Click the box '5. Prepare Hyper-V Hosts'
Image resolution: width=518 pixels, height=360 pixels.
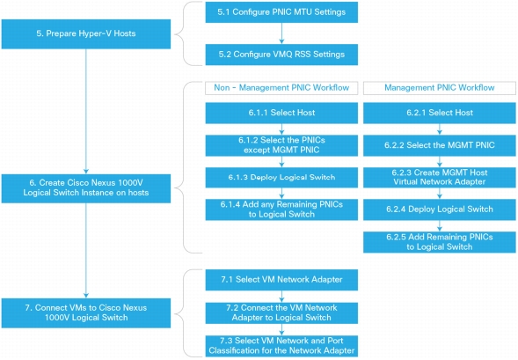point(86,33)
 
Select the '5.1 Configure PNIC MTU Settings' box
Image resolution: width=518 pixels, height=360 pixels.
point(281,12)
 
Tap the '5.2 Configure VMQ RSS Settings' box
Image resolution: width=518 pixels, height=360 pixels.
point(281,55)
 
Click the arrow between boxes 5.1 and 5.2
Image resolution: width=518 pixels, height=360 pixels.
point(281,33)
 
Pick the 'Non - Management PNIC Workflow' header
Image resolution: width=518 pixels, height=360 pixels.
point(281,88)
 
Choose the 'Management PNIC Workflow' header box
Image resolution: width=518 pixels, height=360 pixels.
point(440,88)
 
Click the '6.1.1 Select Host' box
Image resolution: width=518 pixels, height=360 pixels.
point(281,113)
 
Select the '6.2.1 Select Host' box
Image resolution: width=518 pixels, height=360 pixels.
point(440,113)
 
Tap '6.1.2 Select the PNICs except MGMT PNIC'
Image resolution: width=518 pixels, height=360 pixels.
point(281,145)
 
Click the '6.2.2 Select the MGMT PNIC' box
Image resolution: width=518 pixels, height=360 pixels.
point(440,145)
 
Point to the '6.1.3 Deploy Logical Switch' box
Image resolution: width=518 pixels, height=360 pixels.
point(281,178)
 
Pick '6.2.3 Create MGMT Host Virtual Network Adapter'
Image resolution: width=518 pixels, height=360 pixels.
point(440,178)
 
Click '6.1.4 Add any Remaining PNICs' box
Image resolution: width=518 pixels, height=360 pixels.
point(281,209)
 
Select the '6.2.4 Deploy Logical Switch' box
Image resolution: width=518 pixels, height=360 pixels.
point(440,209)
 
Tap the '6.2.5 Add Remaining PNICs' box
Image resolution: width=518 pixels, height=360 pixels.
point(440,242)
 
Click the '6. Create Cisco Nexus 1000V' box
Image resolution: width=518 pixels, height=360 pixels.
point(86,188)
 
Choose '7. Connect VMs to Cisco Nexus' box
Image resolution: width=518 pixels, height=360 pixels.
point(86,313)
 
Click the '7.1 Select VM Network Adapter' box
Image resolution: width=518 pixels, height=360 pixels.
point(281,280)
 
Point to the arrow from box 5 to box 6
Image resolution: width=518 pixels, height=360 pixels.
point(86,112)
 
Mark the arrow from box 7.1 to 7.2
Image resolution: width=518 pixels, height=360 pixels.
point(281,297)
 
